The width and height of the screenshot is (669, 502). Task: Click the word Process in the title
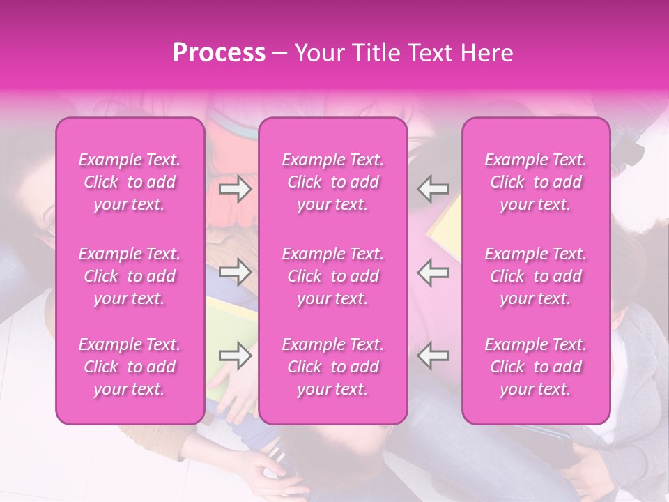coord(219,53)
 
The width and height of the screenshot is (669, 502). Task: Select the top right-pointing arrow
coord(236,188)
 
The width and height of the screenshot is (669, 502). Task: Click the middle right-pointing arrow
coord(236,273)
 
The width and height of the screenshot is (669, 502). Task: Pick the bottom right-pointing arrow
coord(236,356)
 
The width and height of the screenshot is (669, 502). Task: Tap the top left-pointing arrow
coord(433,188)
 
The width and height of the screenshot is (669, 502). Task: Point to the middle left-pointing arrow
coord(433,273)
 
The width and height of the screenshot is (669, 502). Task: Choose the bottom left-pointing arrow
coord(433,356)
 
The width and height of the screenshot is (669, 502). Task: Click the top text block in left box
coord(130,182)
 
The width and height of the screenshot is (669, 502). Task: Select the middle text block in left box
coord(130,276)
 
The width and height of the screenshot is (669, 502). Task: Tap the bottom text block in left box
coord(130,367)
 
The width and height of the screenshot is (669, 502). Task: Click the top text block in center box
coord(333,182)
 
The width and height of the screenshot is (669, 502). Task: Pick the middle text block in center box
coord(333,276)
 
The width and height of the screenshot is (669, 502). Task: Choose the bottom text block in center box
coord(333,367)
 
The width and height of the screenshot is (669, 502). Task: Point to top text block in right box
coord(536,182)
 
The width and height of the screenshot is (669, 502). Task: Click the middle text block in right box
coord(536,276)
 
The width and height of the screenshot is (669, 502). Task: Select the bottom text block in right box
coord(536,367)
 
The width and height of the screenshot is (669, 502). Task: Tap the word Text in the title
coord(425,53)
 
